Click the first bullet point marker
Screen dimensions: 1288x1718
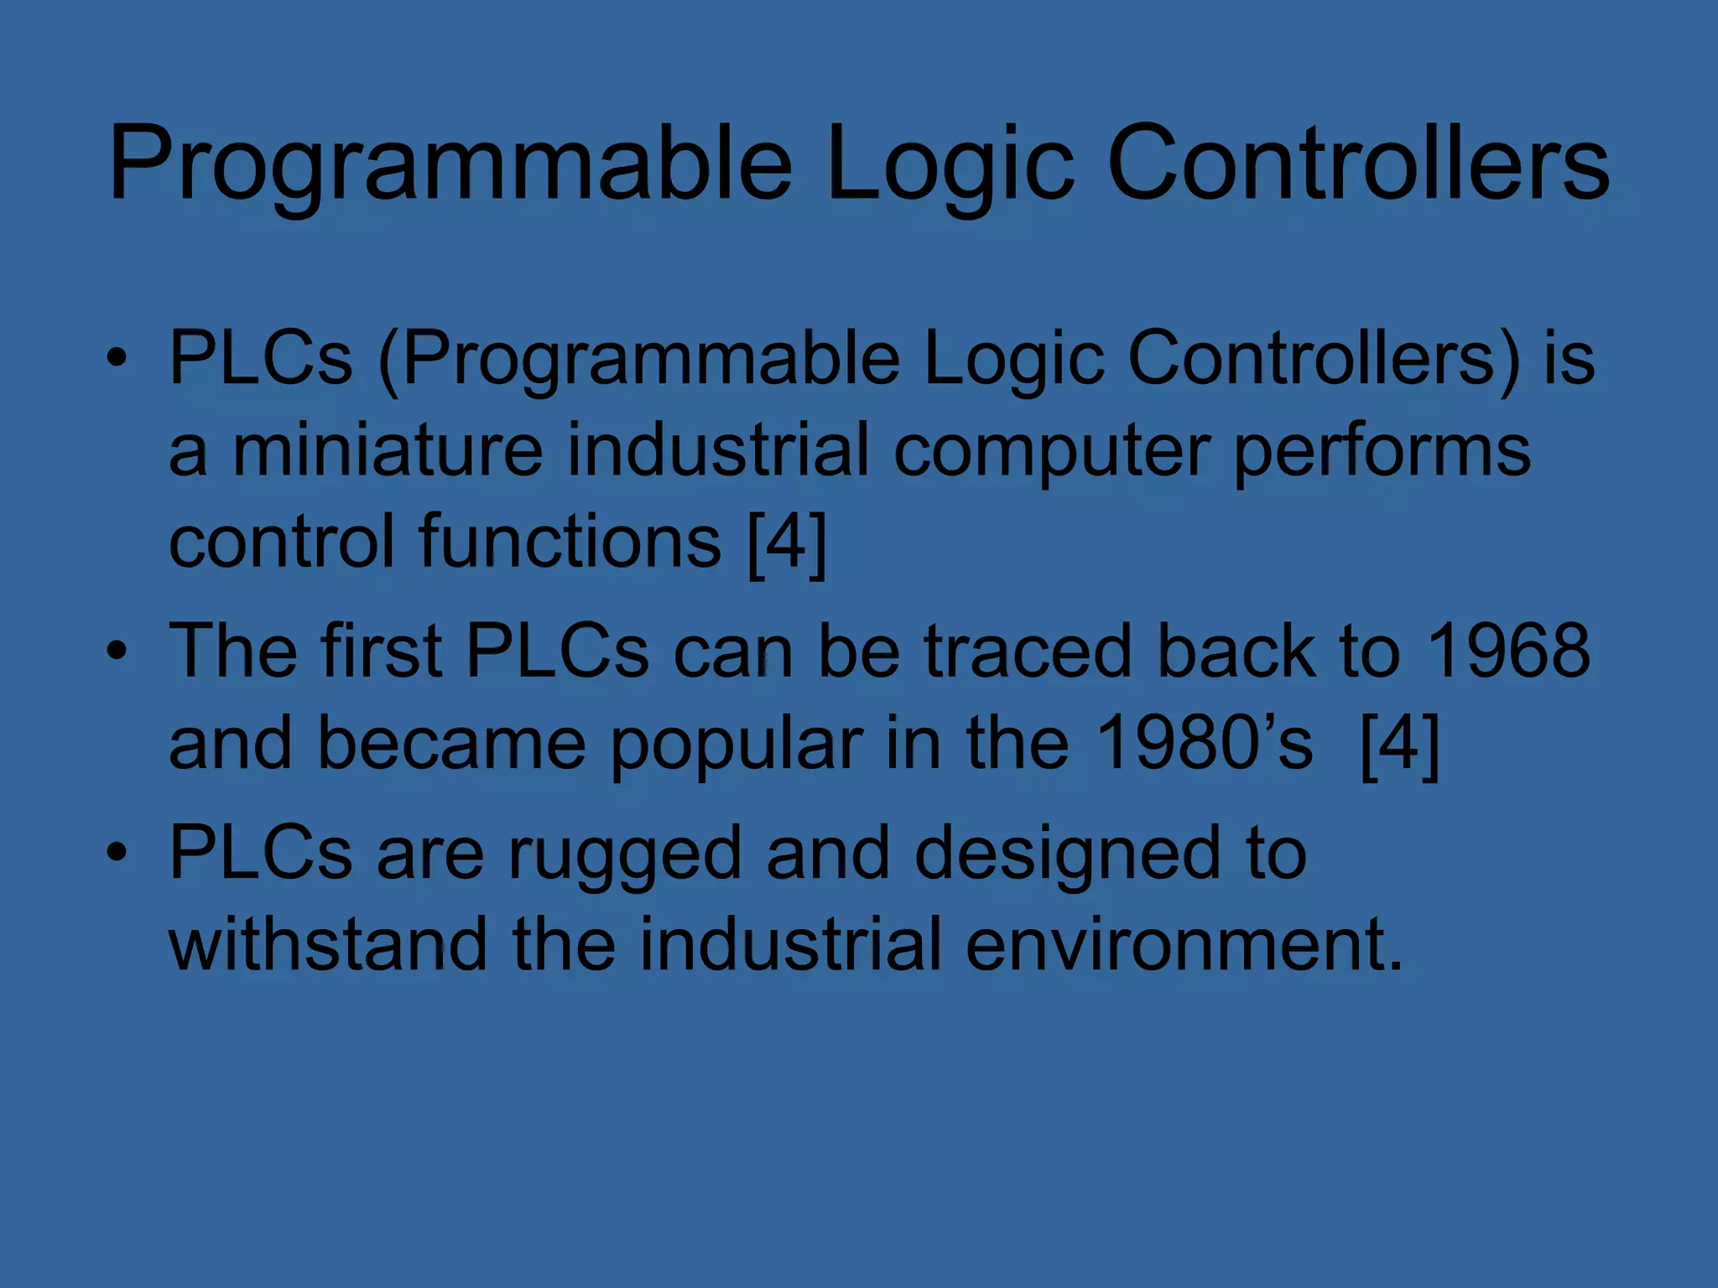coord(117,359)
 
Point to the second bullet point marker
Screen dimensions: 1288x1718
coord(117,652)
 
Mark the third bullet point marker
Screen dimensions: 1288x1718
coord(117,853)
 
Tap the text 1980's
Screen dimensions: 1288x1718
coord(1205,743)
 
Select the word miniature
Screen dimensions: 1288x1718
coord(388,450)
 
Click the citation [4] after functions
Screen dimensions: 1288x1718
coord(787,543)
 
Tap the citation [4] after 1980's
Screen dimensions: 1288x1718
coord(1399,744)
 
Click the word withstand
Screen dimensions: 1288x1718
coord(328,944)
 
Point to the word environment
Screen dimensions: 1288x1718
coord(1184,944)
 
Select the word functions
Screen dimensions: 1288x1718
coord(570,542)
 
